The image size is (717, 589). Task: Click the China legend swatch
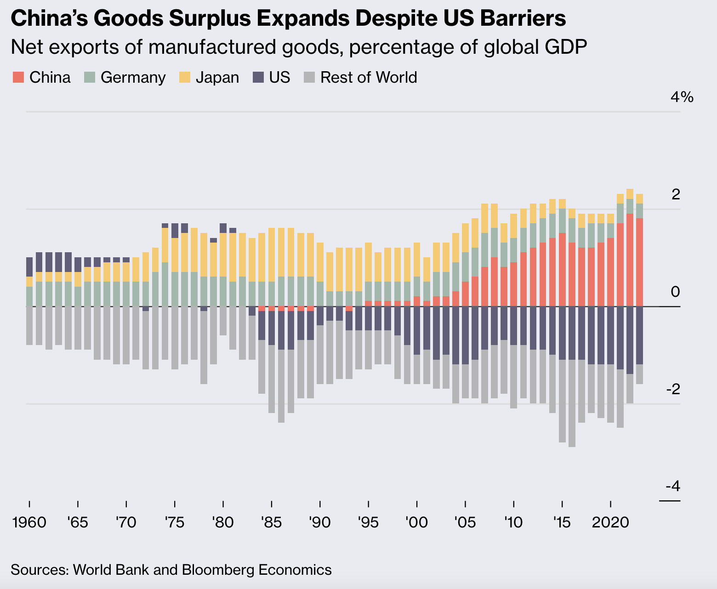[18, 77]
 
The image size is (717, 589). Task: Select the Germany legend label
[133, 77]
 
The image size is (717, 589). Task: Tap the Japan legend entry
[217, 77]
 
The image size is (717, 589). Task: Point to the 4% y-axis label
[682, 97]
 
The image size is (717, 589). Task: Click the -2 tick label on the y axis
[673, 389]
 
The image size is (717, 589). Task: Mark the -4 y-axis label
[673, 486]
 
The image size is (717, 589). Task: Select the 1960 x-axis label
[29, 522]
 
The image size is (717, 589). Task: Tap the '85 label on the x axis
[272, 522]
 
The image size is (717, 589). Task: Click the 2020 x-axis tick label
[610, 522]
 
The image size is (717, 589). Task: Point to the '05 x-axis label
[465, 522]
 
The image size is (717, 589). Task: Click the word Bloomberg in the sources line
[218, 570]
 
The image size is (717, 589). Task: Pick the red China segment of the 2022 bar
[630, 260]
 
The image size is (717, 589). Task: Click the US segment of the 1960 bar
[29, 266]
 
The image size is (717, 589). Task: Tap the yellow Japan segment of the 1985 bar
[272, 255]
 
